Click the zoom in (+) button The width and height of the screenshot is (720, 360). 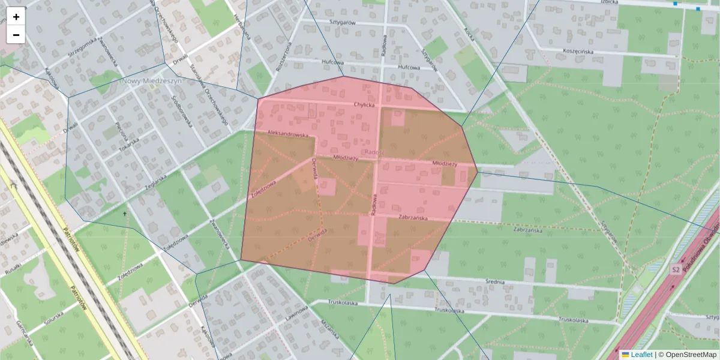tap(16, 17)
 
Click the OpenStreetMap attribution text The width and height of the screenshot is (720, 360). tap(687, 355)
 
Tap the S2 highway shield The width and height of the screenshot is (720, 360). tap(676, 270)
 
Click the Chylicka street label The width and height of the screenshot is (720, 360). tap(364, 104)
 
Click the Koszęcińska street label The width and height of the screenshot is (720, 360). tap(578, 52)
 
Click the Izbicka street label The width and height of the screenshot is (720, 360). tap(611, 1)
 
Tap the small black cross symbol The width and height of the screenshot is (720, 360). tap(125, 214)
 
